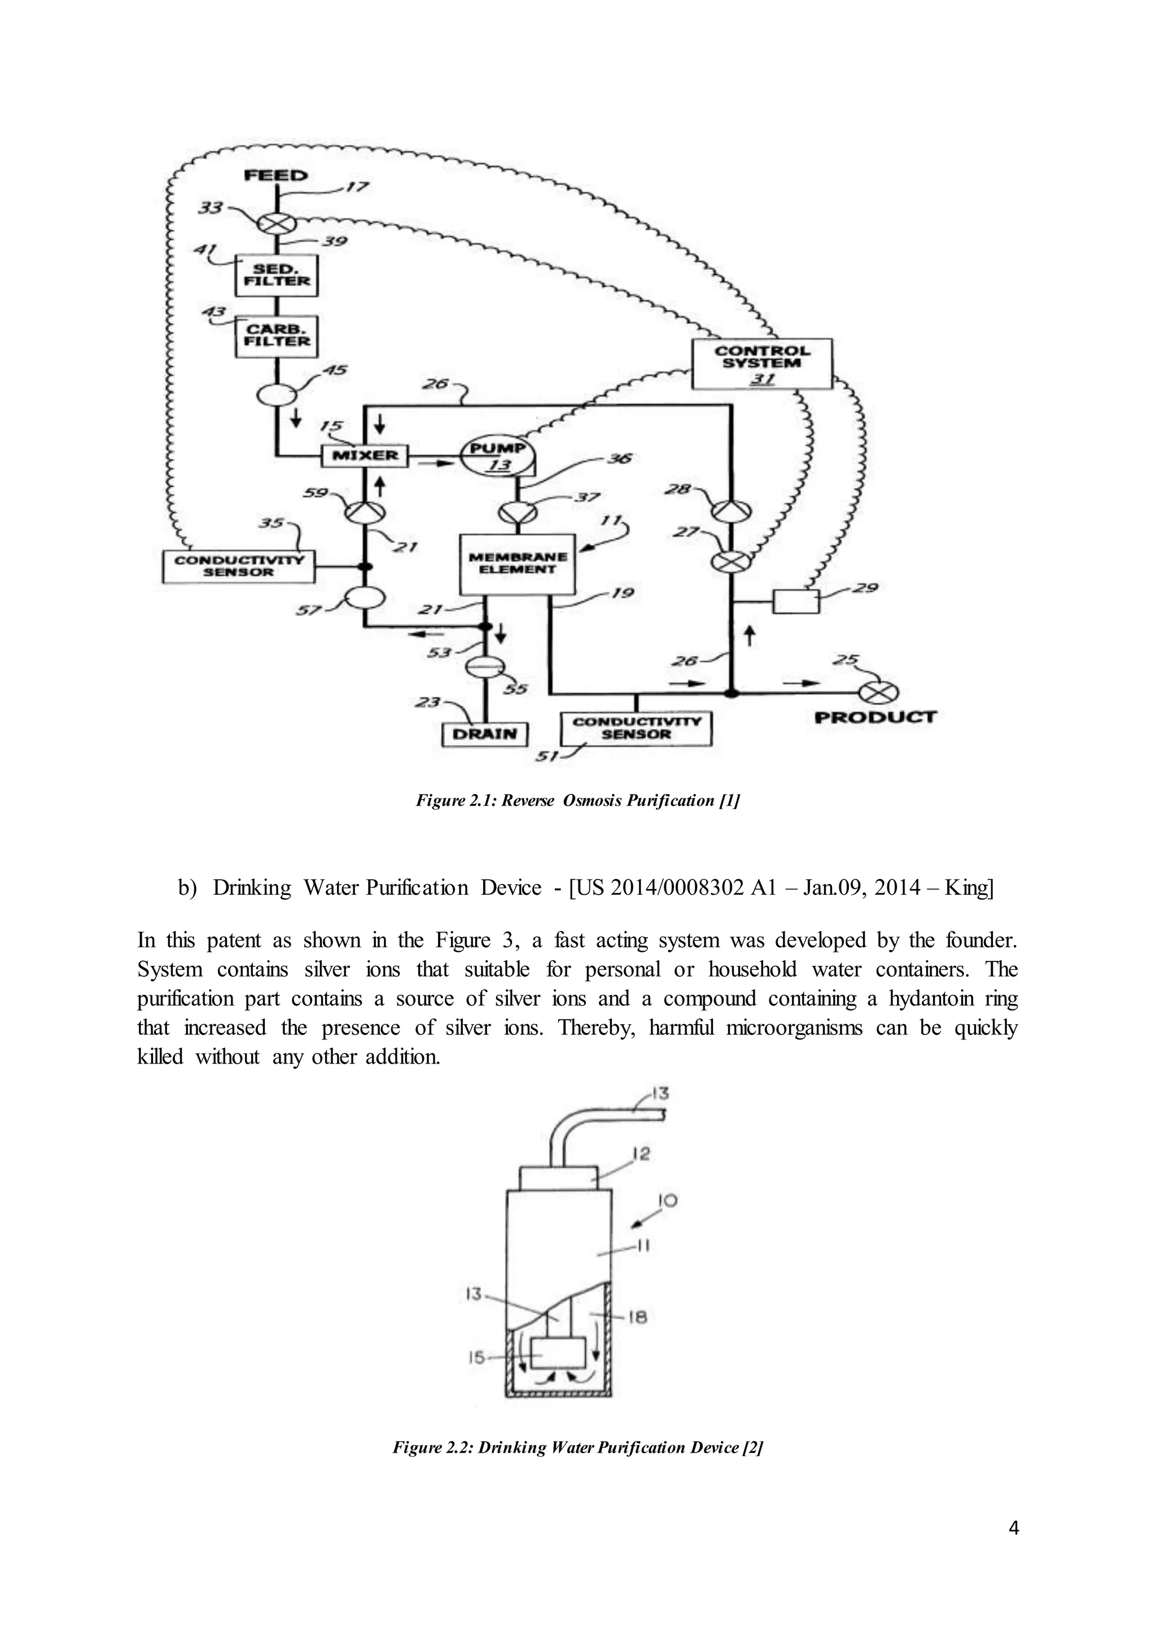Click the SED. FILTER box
click(x=277, y=276)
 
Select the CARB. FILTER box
click(x=277, y=336)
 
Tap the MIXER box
click(x=365, y=456)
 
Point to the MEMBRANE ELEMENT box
click(x=518, y=564)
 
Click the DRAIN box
click(x=485, y=734)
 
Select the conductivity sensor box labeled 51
click(x=636, y=728)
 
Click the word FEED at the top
click(x=275, y=175)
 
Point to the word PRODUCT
click(x=875, y=718)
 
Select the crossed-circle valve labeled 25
click(x=878, y=692)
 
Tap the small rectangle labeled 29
click(x=796, y=602)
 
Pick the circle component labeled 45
click(x=277, y=394)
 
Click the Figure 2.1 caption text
click(x=578, y=801)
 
